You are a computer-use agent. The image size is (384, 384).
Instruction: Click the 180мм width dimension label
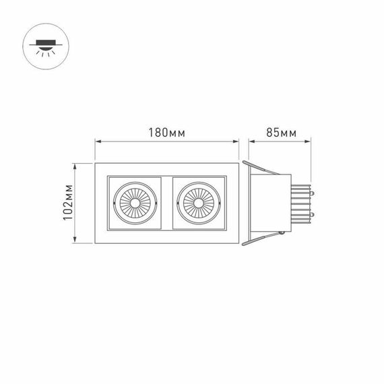click(x=166, y=132)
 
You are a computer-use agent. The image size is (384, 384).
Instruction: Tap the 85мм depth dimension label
click(x=281, y=132)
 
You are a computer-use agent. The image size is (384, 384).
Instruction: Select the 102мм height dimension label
click(x=67, y=202)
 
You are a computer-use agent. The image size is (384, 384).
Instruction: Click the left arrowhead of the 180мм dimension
click(x=97, y=141)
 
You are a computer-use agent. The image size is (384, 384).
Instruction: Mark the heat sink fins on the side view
click(x=300, y=203)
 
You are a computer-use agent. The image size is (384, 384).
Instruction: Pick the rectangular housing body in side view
click(x=269, y=203)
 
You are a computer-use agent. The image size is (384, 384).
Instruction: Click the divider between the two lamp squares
click(x=166, y=203)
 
